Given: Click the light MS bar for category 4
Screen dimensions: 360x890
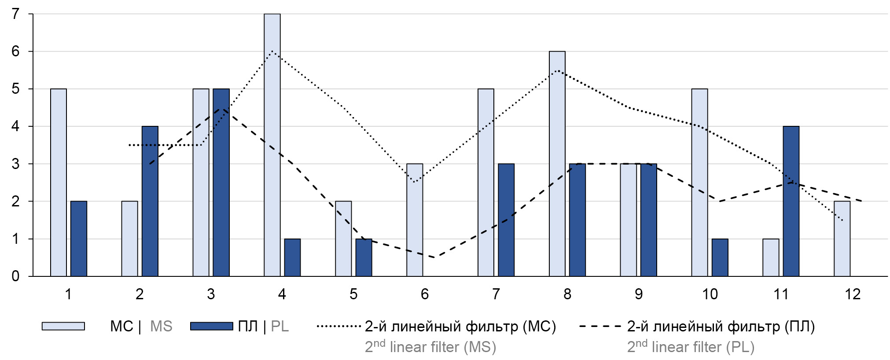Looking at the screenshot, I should click(272, 145).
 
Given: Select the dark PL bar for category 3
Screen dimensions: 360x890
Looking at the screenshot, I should click(221, 183).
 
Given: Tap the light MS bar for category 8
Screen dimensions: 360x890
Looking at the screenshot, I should click(557, 164).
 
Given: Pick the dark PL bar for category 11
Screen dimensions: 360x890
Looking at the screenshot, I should click(791, 201).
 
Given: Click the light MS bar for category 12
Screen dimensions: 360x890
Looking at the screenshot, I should click(842, 239).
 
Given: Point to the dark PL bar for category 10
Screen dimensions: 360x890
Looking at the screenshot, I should click(720, 257).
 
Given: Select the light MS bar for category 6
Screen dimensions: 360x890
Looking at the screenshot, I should click(415, 220).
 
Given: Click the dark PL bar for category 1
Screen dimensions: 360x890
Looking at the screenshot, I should click(79, 239).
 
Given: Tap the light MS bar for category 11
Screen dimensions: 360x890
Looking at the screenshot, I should click(771, 257).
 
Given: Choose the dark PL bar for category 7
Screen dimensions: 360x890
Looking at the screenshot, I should click(506, 220).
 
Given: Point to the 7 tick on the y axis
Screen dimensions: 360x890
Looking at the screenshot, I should click(16, 14).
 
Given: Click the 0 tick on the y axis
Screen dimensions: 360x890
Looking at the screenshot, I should click(16, 276).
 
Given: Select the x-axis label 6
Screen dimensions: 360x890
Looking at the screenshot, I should click(424, 294).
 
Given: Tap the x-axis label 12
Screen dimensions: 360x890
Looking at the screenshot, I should click(852, 294).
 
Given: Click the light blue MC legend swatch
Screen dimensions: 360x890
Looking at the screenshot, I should click(63, 326).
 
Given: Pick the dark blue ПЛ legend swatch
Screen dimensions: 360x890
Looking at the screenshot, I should click(211, 326).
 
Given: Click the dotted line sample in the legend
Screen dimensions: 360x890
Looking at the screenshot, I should click(338, 327).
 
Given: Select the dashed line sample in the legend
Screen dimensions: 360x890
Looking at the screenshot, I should click(600, 327).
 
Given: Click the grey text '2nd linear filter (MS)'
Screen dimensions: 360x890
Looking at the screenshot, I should click(430, 347).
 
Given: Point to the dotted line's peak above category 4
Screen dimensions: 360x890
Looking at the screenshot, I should click(272, 51).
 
